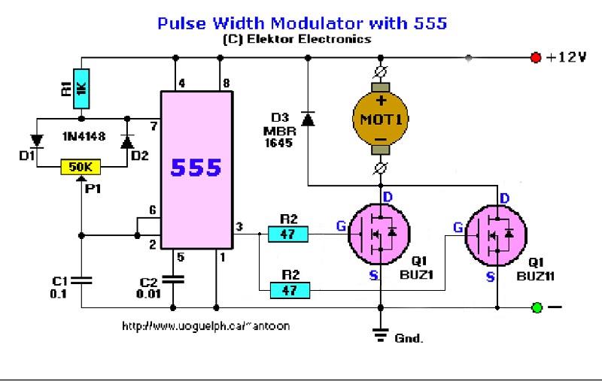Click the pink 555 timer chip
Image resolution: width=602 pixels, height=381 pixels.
[196, 169]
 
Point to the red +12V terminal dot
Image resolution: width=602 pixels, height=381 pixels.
[536, 57]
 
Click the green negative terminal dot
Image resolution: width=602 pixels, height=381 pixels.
[537, 307]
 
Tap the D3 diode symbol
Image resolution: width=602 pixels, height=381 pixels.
[307, 119]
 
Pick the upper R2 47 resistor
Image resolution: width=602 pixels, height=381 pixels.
[287, 234]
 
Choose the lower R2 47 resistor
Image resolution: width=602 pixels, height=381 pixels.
[287, 289]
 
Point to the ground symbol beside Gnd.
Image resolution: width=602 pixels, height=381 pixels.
[380, 335]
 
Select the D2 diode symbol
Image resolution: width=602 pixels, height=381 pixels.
[126, 141]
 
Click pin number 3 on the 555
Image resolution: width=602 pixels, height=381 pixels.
[239, 226]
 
